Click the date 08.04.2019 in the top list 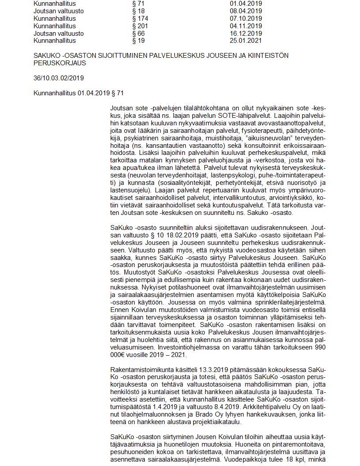pyautogui.click(x=243, y=11)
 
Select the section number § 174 pyautogui.click(x=140, y=18)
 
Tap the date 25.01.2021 pyautogui.click(x=243, y=41)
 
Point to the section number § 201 pyautogui.click(x=140, y=26)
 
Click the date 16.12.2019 pyautogui.click(x=243, y=33)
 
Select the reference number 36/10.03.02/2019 pyautogui.click(x=59, y=78)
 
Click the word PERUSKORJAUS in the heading pyautogui.click(x=60, y=63)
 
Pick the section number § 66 pyautogui.click(x=139, y=33)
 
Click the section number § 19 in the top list pyautogui.click(x=139, y=41)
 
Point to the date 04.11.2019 pyautogui.click(x=243, y=26)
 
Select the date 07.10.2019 pyautogui.click(x=243, y=18)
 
